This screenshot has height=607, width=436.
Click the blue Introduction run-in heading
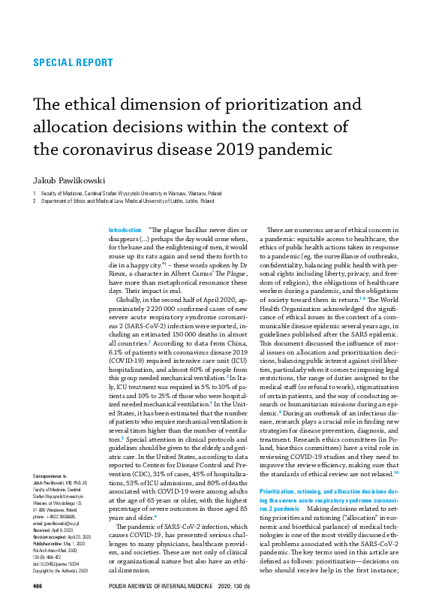pos(125,229)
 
